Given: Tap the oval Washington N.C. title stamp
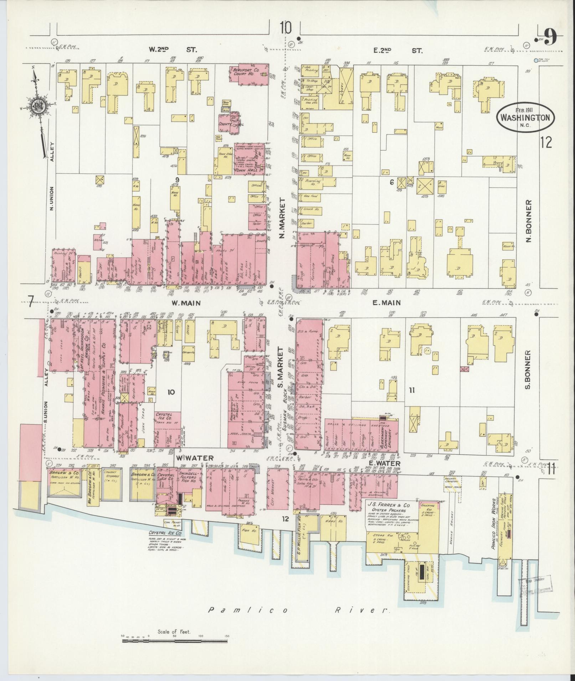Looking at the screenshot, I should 526,118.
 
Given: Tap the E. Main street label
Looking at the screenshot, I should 387,303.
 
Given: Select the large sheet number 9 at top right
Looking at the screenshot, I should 550,37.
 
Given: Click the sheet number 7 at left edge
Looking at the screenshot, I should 31,303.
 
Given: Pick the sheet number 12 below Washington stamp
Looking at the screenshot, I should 546,142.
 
